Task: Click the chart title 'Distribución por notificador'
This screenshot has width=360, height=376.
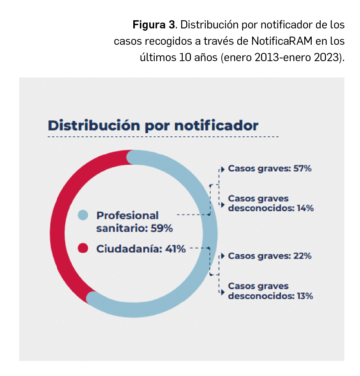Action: tap(153, 126)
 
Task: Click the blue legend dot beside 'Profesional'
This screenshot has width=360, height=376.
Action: tap(83, 215)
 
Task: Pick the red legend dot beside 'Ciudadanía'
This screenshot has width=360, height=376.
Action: tap(83, 248)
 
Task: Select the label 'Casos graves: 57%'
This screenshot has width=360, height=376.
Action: tap(270, 169)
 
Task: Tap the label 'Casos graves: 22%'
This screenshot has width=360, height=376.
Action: tap(270, 256)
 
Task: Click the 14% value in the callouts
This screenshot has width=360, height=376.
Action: tap(305, 208)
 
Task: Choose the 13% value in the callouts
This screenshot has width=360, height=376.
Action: tap(304, 296)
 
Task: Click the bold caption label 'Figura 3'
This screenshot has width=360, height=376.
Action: tap(154, 25)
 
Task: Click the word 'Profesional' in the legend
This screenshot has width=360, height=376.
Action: tap(127, 215)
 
